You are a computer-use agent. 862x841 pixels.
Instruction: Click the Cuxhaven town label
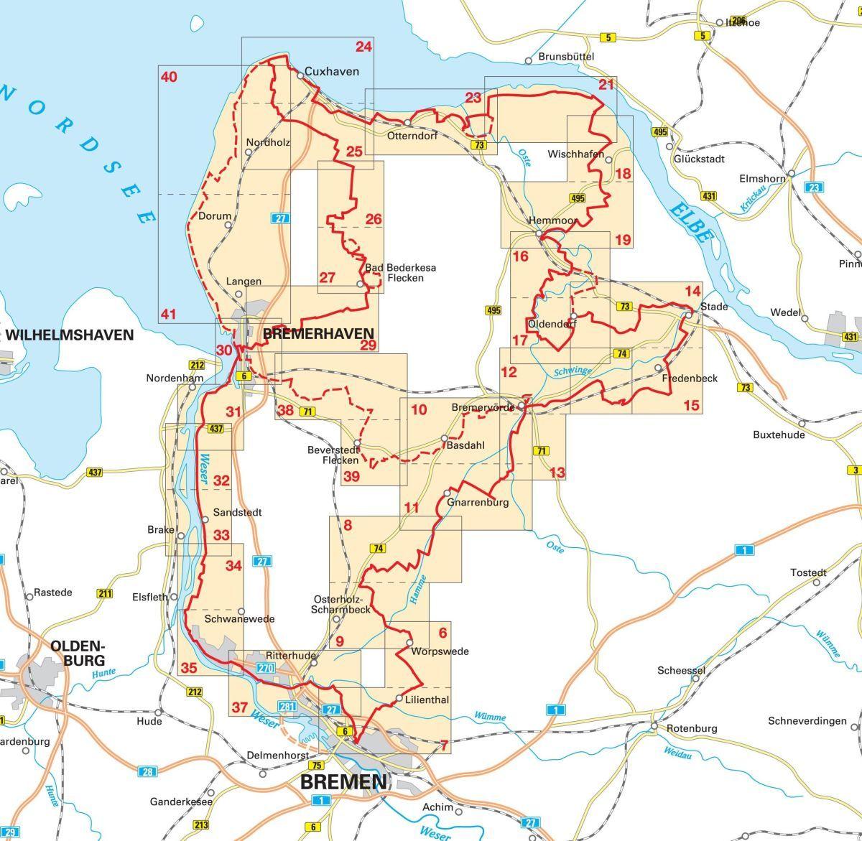tap(331, 71)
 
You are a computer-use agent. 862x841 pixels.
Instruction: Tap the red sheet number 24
tap(364, 47)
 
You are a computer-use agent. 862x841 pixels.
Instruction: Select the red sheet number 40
tap(169, 76)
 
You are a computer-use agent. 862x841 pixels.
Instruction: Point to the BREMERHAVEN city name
tap(319, 333)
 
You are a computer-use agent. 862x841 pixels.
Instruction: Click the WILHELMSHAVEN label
tap(70, 335)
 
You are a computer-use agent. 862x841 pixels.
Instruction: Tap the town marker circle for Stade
tap(689, 315)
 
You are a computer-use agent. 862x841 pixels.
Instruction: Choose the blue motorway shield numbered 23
tap(813, 187)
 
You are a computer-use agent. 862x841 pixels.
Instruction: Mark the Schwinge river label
tap(573, 371)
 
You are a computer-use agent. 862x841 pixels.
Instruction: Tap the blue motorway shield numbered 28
tap(148, 772)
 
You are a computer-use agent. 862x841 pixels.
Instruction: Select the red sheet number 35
tap(188, 667)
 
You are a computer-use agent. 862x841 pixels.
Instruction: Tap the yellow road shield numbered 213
tap(202, 824)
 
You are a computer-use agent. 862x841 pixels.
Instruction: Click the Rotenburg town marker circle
tap(654, 727)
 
